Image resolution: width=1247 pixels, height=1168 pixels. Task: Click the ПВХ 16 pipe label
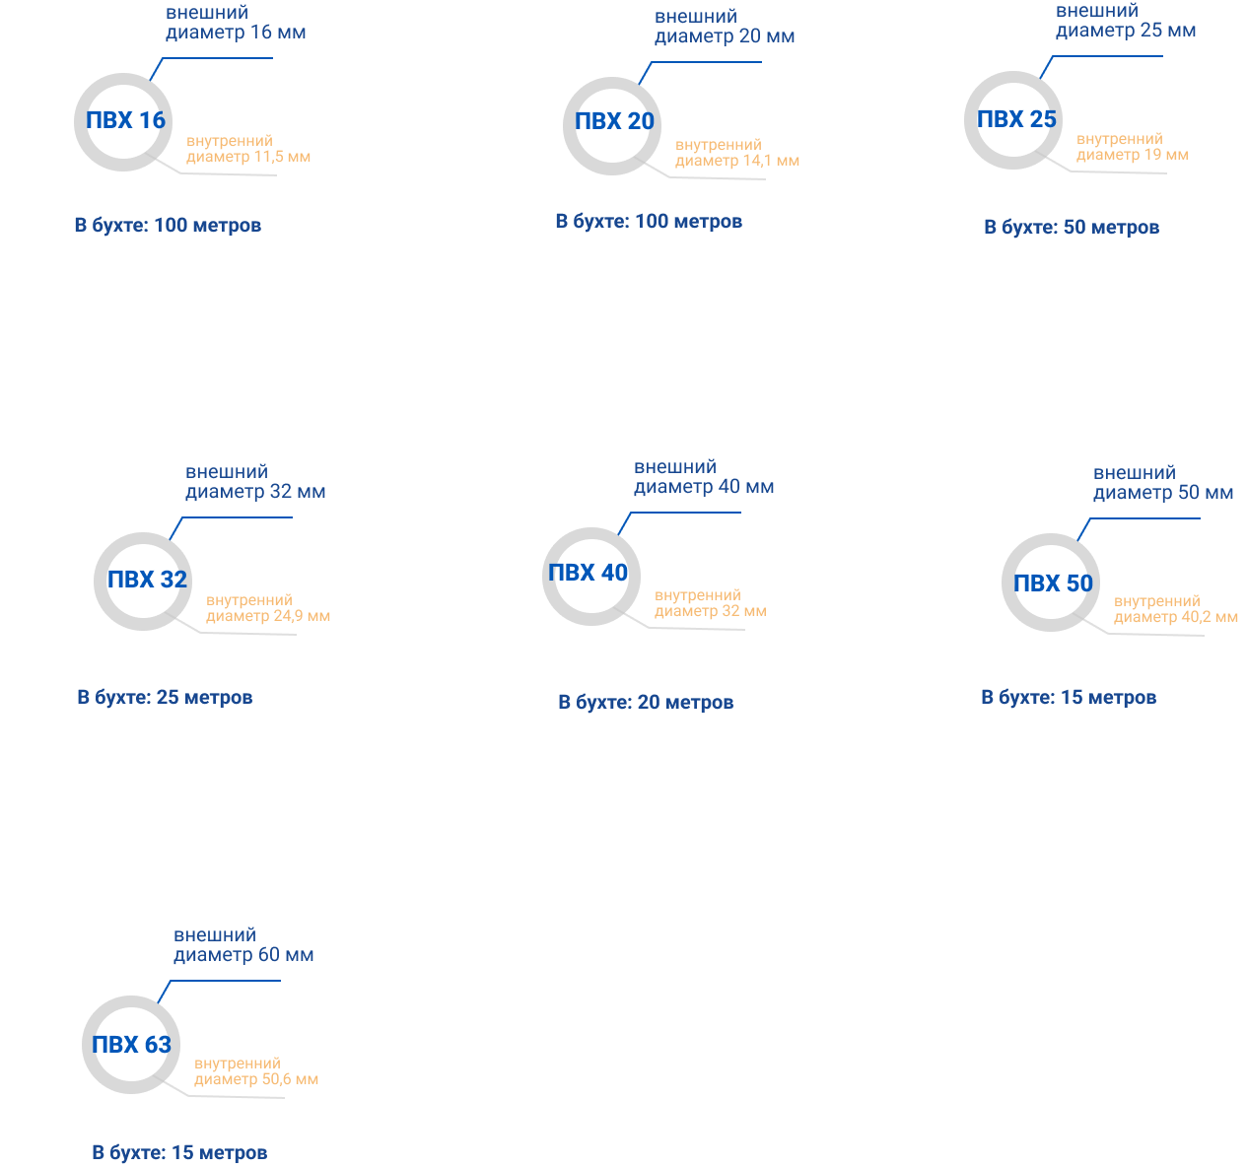tap(125, 120)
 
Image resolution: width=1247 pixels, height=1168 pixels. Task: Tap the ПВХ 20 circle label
tap(614, 121)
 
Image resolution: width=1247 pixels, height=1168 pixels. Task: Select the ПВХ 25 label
tap(1016, 119)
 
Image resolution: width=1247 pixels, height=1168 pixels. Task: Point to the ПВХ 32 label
tap(147, 580)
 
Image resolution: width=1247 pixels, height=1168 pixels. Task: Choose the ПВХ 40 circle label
tap(588, 573)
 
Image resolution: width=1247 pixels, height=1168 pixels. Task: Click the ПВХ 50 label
tap(1053, 584)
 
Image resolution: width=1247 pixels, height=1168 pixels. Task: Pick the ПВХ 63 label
tap(131, 1045)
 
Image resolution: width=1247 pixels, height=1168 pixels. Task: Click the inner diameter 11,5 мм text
tap(248, 149)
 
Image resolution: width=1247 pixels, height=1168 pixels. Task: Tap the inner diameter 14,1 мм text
tap(736, 153)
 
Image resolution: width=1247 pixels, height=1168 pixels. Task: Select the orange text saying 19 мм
tap(1132, 147)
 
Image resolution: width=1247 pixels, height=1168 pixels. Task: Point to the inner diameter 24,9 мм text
tap(267, 608)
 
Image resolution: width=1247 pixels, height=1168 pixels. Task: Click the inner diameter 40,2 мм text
tap(1175, 609)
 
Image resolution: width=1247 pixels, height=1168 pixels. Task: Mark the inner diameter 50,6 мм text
tap(255, 1071)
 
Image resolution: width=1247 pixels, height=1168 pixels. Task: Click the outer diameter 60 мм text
tap(243, 944)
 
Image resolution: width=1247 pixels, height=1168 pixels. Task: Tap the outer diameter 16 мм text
tap(236, 23)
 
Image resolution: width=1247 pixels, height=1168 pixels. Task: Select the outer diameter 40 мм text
tap(704, 477)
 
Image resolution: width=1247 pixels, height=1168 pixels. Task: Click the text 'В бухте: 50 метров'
tap(1072, 227)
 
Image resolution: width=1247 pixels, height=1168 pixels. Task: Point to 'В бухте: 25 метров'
tap(165, 697)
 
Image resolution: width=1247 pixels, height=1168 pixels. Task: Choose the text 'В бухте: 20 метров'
tap(646, 702)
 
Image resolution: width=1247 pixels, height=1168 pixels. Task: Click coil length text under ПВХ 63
tap(179, 1152)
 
